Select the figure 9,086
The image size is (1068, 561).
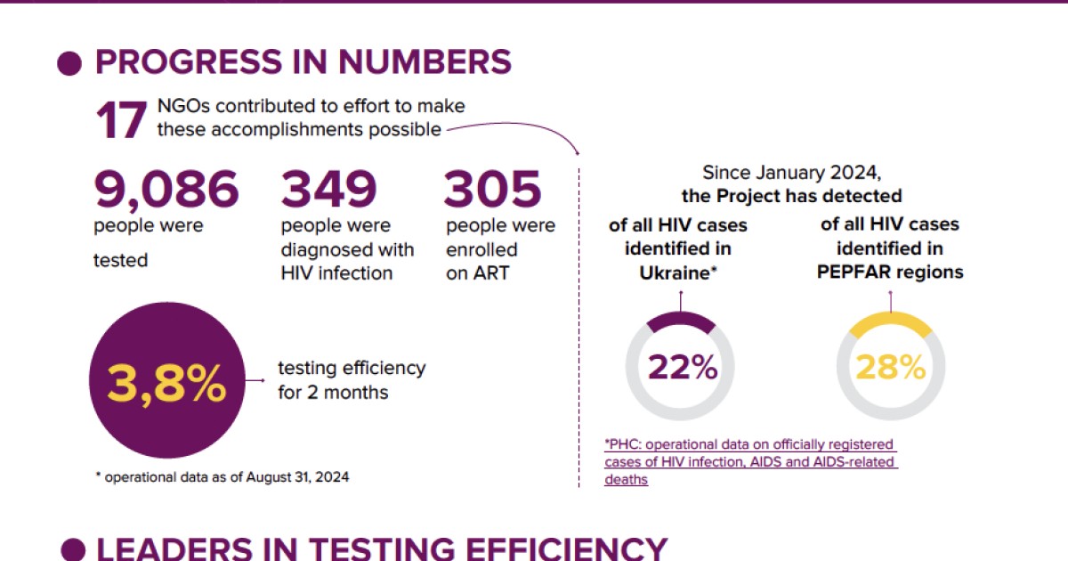click(x=166, y=188)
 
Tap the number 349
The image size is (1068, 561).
click(x=329, y=188)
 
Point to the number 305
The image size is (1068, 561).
click(x=493, y=188)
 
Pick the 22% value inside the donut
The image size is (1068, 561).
click(x=683, y=367)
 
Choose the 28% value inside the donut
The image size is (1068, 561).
click(x=891, y=367)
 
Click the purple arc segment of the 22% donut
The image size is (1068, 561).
click(x=681, y=323)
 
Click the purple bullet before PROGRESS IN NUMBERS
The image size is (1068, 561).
click(x=69, y=63)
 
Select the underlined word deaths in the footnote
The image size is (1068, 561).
click(x=626, y=479)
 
